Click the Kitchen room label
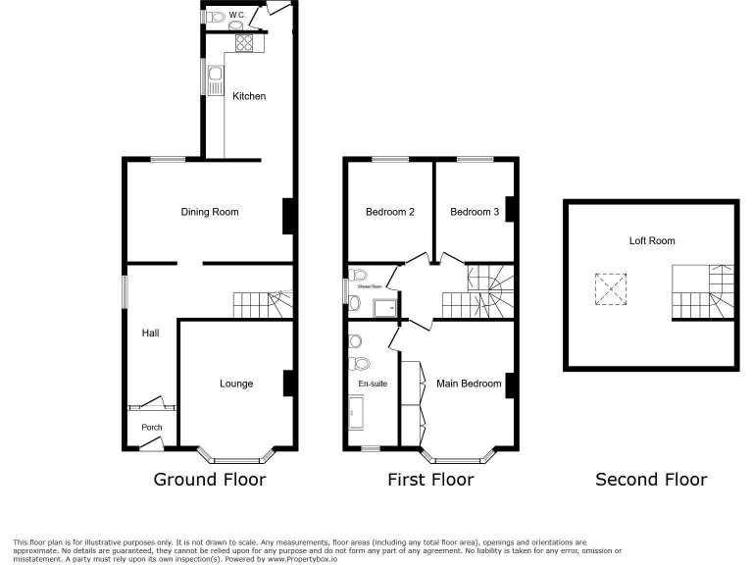pyautogui.click(x=249, y=96)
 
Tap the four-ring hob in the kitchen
pyautogui.click(x=244, y=43)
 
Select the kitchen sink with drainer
pyautogui.click(x=213, y=77)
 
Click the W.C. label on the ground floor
pyautogui.click(x=236, y=15)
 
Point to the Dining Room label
pyautogui.click(x=209, y=212)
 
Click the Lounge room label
pyautogui.click(x=235, y=384)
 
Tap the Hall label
pyautogui.click(x=150, y=334)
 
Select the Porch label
pyautogui.click(x=152, y=428)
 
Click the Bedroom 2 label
pyautogui.click(x=390, y=212)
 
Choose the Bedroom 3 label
pyautogui.click(x=475, y=212)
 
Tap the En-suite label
pyautogui.click(x=373, y=384)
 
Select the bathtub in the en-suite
pyautogui.click(x=355, y=415)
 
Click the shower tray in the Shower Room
pyautogui.click(x=384, y=308)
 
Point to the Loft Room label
pyautogui.click(x=652, y=240)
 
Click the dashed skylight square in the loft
pyautogui.click(x=609, y=288)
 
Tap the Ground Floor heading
pyautogui.click(x=210, y=480)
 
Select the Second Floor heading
pyautogui.click(x=651, y=480)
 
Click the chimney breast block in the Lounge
pyautogui.click(x=288, y=383)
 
